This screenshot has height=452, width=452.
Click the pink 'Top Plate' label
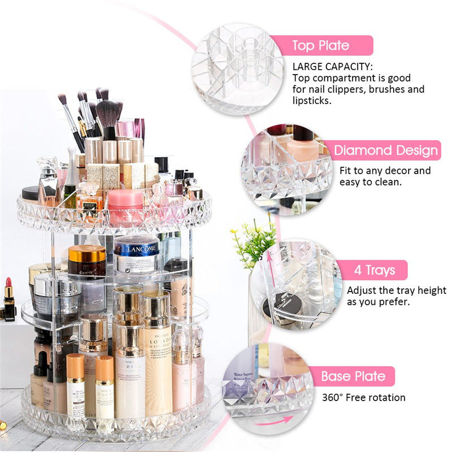321,45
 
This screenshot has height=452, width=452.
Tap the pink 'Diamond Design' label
385,150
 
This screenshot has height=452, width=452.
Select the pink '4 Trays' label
374,270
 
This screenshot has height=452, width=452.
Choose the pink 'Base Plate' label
353,376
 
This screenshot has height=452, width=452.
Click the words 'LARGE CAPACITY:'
332,67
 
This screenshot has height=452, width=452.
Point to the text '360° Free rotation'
364,398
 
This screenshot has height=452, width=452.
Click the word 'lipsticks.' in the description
311,101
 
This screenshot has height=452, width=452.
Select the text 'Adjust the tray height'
396,290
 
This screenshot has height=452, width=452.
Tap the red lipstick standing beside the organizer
9,298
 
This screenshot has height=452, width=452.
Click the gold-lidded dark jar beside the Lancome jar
87,261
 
